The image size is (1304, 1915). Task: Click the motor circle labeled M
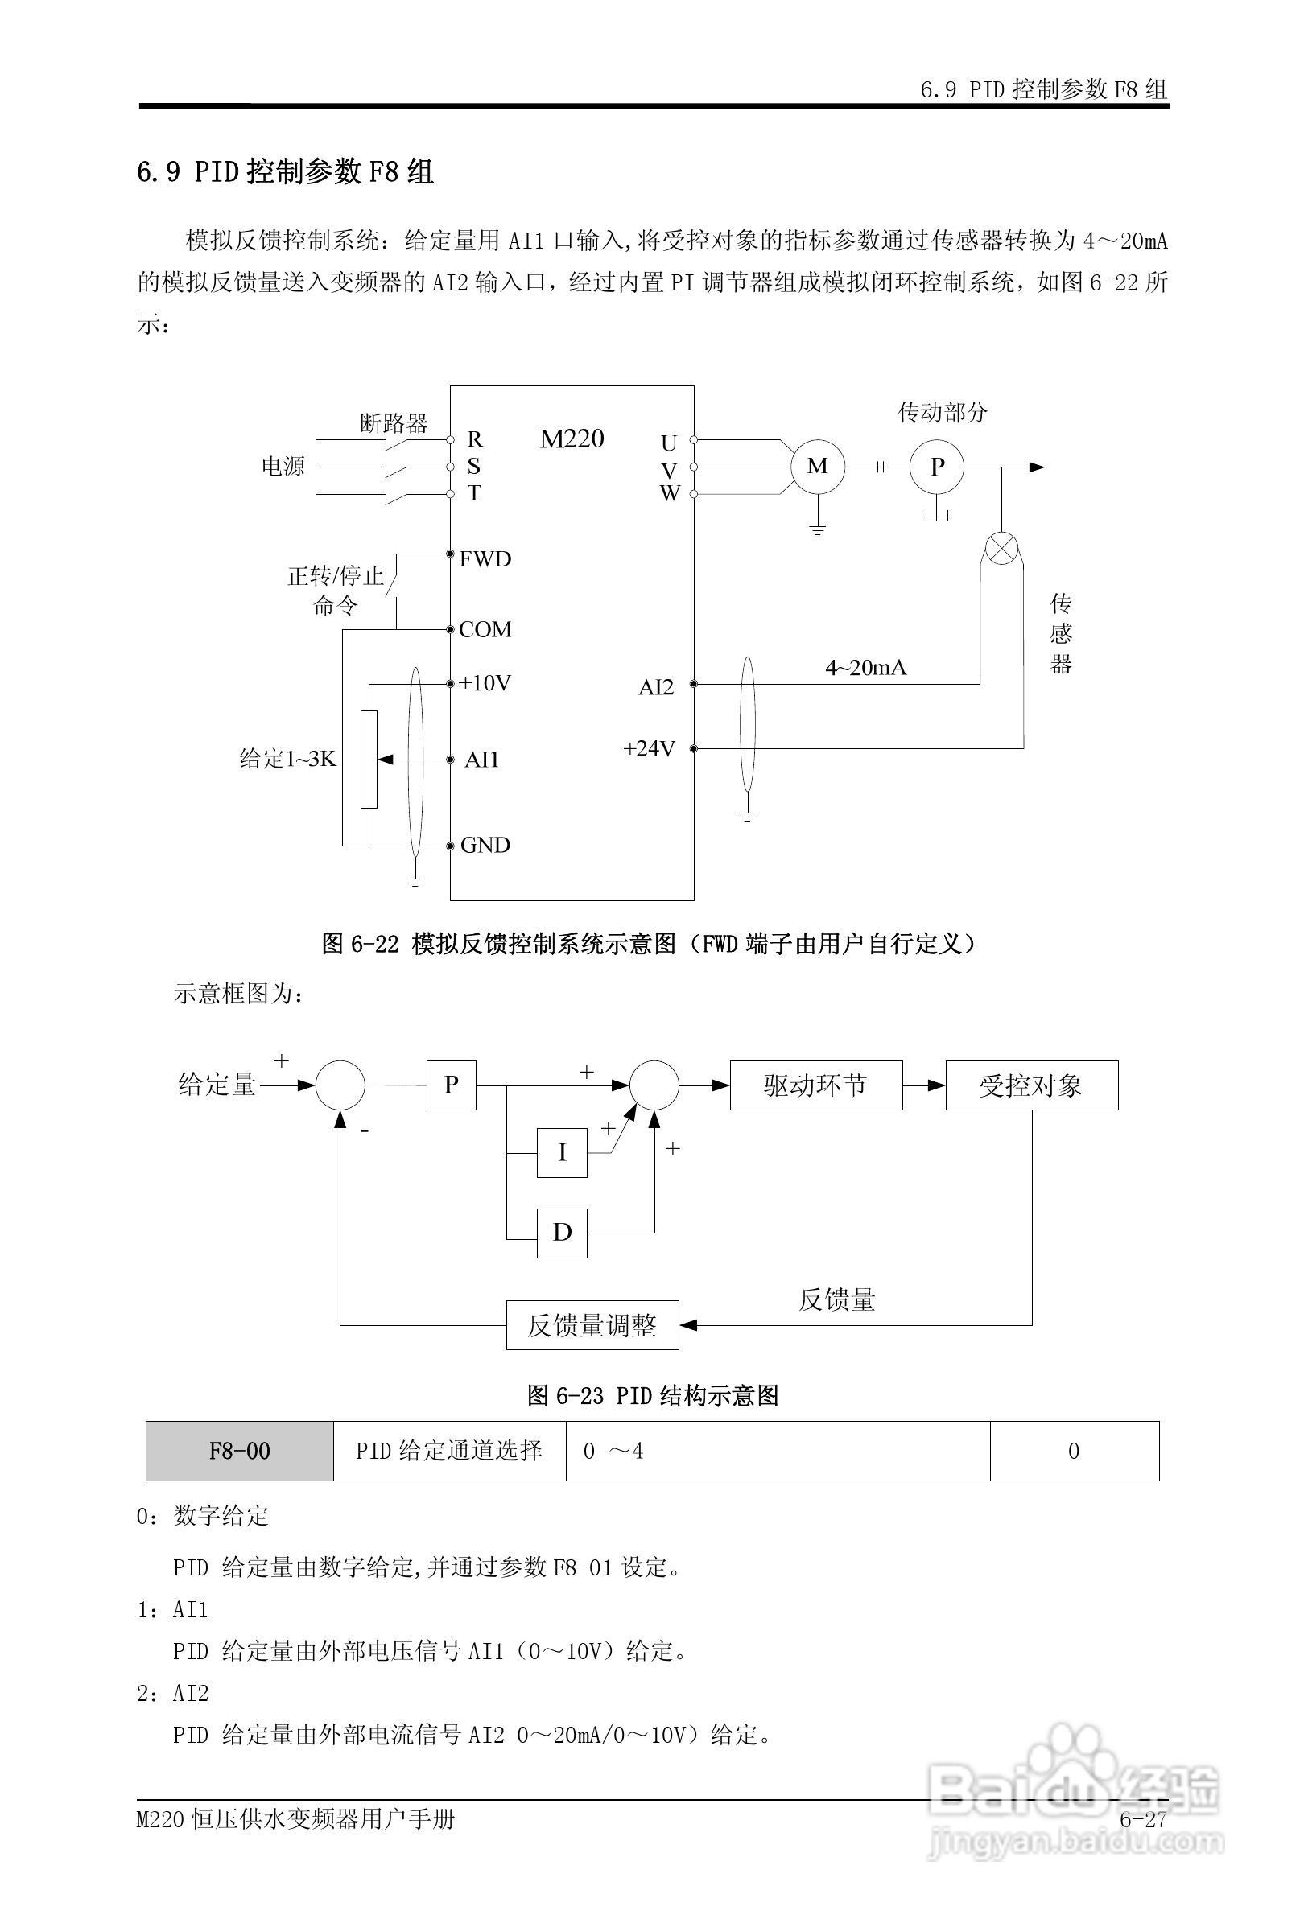click(817, 467)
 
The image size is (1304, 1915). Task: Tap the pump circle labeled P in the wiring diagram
click(936, 467)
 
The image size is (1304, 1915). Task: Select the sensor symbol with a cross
click(1001, 550)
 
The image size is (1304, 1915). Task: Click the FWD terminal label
click(485, 559)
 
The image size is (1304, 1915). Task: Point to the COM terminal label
click(485, 629)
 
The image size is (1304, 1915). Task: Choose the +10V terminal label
click(485, 683)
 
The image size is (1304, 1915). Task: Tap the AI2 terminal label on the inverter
click(656, 687)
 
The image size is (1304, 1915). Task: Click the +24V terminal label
click(650, 748)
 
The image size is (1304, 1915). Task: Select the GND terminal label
click(485, 846)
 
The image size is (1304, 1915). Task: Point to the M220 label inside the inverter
click(572, 439)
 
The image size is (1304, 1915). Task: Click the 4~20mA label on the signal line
click(865, 668)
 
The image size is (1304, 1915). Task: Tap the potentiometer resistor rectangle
click(369, 759)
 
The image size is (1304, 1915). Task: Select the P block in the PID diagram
click(451, 1085)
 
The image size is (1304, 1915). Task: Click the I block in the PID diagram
click(562, 1153)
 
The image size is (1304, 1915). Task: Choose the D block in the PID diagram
click(562, 1233)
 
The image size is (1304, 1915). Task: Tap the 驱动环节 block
click(816, 1085)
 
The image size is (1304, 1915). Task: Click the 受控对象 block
click(1031, 1085)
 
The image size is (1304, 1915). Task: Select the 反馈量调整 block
click(592, 1325)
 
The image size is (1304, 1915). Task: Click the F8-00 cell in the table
click(240, 1451)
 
